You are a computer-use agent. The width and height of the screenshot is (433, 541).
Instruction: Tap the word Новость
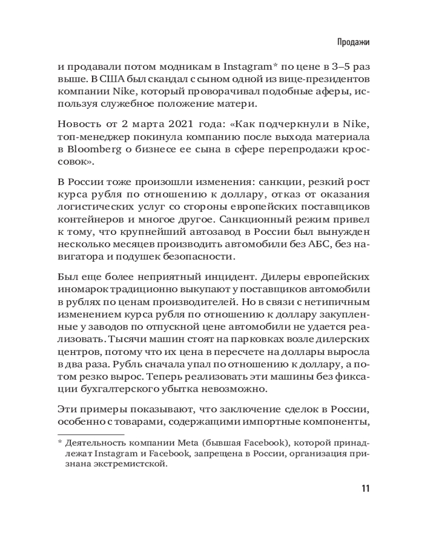click(x=76, y=126)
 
